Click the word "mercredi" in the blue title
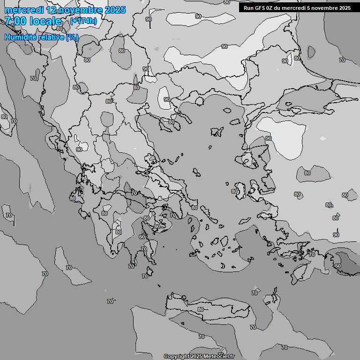tap(24, 10)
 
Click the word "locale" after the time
tap(45, 21)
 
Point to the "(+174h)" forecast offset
tap(83, 21)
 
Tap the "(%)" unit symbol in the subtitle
tap(72, 37)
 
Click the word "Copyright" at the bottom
tap(176, 357)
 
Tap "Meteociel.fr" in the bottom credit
tap(219, 357)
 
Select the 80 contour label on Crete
tap(201, 309)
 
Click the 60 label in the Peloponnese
tap(142, 237)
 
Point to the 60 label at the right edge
tap(338, 266)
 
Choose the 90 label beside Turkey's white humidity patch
tap(269, 138)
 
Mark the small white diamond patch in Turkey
tap(322, 138)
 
